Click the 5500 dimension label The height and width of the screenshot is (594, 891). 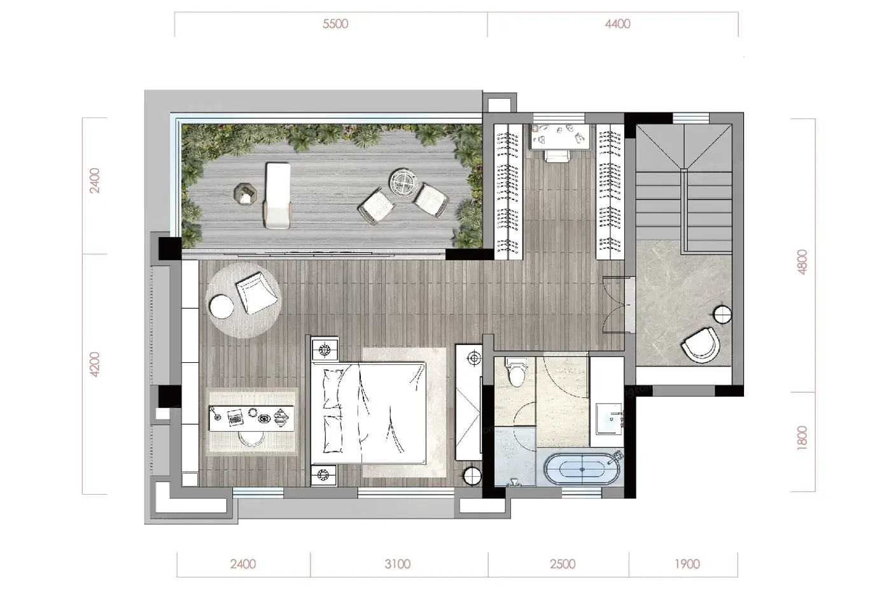(x=335, y=24)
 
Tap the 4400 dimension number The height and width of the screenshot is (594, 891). (x=617, y=24)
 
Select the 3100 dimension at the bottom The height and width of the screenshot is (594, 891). (x=397, y=564)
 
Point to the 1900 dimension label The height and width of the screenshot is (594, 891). (x=687, y=564)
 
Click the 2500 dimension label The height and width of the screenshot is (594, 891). (x=563, y=564)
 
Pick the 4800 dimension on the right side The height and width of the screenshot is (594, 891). (x=803, y=262)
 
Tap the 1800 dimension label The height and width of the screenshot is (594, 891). (x=803, y=437)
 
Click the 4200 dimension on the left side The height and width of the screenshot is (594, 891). (x=95, y=364)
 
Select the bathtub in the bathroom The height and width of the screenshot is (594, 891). (x=582, y=469)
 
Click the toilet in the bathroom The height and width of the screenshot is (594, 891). (x=516, y=372)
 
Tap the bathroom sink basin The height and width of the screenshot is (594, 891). (x=608, y=418)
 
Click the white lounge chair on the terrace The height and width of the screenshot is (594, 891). (x=277, y=195)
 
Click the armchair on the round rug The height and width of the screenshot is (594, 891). (x=256, y=292)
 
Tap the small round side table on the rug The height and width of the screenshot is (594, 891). (x=221, y=307)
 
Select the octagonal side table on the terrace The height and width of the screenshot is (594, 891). (x=245, y=194)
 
